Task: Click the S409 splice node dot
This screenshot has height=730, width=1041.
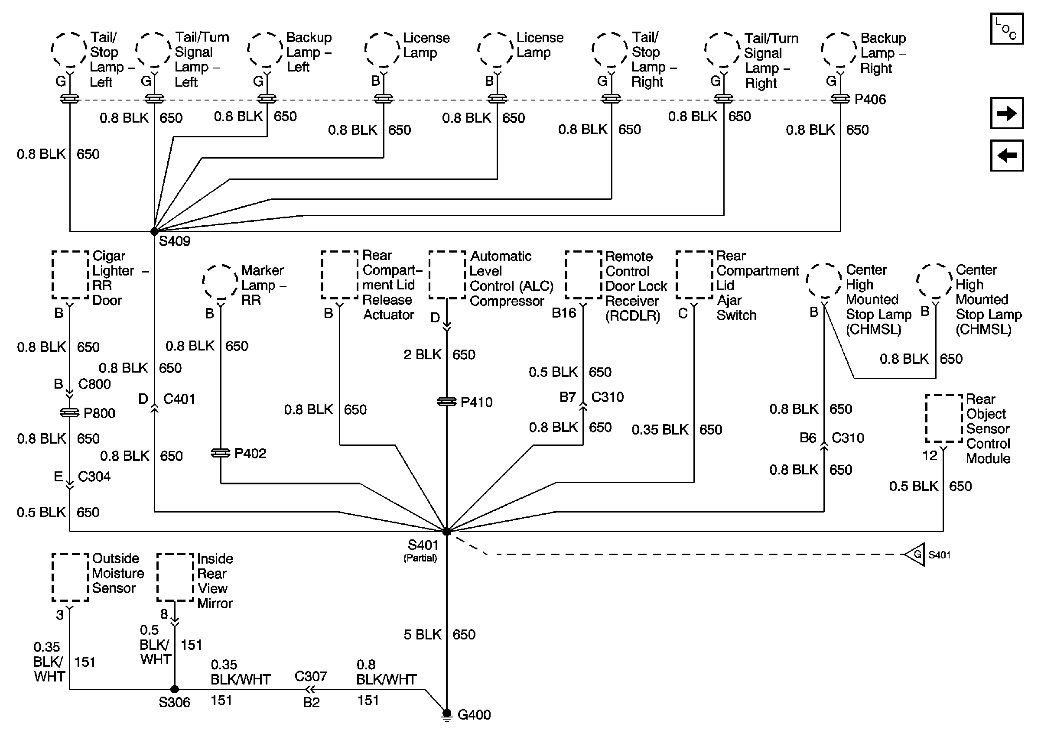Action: pyautogui.click(x=154, y=231)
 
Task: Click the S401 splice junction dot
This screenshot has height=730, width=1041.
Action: pyautogui.click(x=446, y=532)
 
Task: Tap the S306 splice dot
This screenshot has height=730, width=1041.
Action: pyautogui.click(x=175, y=689)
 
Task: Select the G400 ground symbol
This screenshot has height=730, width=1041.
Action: pyautogui.click(x=446, y=714)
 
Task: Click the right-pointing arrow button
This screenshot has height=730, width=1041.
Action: pyautogui.click(x=1006, y=113)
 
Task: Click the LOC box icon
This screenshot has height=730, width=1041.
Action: pyautogui.click(x=1006, y=29)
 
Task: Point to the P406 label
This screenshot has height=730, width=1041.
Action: pyautogui.click(x=870, y=100)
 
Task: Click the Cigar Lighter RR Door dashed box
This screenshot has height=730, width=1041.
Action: pyautogui.click(x=70, y=275)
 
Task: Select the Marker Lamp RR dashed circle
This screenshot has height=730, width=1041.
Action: pyautogui.click(x=220, y=282)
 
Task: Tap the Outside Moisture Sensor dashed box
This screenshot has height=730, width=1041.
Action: pyautogui.click(x=70, y=577)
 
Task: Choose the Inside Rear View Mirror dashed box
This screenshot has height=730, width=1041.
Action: pyautogui.click(x=175, y=577)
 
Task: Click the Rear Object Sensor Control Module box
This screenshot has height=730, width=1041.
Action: pyautogui.click(x=943, y=418)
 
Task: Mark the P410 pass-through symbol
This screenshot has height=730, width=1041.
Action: pyautogui.click(x=446, y=402)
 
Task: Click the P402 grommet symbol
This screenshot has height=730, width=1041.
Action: pyautogui.click(x=220, y=453)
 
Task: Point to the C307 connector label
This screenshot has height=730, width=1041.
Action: pyautogui.click(x=311, y=677)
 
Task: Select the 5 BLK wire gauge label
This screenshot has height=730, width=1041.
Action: pyautogui.click(x=422, y=634)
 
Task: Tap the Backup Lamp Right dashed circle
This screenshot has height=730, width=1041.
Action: pyautogui.click(x=839, y=50)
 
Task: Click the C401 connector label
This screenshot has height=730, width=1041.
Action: pyautogui.click(x=179, y=399)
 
